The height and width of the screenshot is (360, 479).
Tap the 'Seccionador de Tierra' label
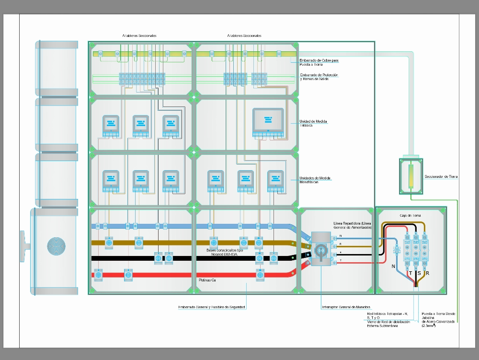pos(441,176)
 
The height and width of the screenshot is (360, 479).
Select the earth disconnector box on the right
pos(410,175)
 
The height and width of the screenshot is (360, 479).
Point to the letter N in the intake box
pos(393,266)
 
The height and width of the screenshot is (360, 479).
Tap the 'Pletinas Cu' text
pos(207,280)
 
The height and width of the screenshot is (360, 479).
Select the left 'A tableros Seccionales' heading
pos(139,35)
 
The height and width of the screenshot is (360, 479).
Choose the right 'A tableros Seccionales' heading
pos(244,35)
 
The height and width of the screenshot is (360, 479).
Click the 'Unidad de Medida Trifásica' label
pos(313,123)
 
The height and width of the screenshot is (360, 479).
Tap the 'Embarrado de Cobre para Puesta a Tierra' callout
pos(319,62)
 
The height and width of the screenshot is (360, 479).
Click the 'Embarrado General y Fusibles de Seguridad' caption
pos(211,307)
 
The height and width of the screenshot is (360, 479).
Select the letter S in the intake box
pos(418,273)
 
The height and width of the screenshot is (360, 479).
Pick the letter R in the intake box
pos(427,273)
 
